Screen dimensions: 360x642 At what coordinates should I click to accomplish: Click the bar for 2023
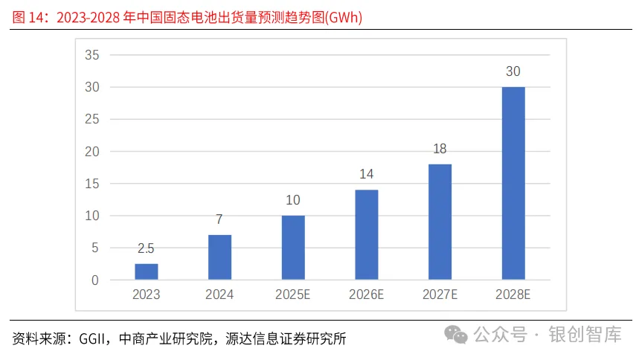[147, 272]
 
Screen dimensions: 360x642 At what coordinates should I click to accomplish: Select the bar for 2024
[219, 258]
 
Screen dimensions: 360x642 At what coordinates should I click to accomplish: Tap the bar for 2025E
[293, 248]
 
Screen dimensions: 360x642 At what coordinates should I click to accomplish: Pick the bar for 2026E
[366, 235]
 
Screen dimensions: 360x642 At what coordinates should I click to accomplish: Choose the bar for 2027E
[440, 222]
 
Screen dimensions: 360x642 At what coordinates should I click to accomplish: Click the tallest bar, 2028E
[513, 184]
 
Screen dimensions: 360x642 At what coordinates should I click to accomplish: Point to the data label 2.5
[147, 248]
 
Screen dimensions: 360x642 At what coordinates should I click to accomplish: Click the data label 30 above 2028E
[513, 71]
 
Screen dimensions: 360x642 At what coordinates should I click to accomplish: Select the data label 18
[440, 149]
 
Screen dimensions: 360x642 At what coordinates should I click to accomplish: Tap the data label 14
[366, 174]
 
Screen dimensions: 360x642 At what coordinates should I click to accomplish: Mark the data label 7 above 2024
[219, 219]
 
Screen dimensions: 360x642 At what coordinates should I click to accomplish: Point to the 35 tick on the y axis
[92, 55]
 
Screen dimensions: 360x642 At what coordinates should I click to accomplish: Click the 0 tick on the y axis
[95, 280]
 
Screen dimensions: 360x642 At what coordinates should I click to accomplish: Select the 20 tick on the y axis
[92, 152]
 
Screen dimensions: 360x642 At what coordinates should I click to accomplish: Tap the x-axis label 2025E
[293, 295]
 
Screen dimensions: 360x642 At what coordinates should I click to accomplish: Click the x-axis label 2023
[147, 295]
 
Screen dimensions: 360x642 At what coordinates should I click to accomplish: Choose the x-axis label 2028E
[513, 295]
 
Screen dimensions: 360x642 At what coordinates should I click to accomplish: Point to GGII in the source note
[87, 339]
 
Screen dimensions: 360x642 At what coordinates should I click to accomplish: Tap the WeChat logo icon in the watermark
[457, 335]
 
